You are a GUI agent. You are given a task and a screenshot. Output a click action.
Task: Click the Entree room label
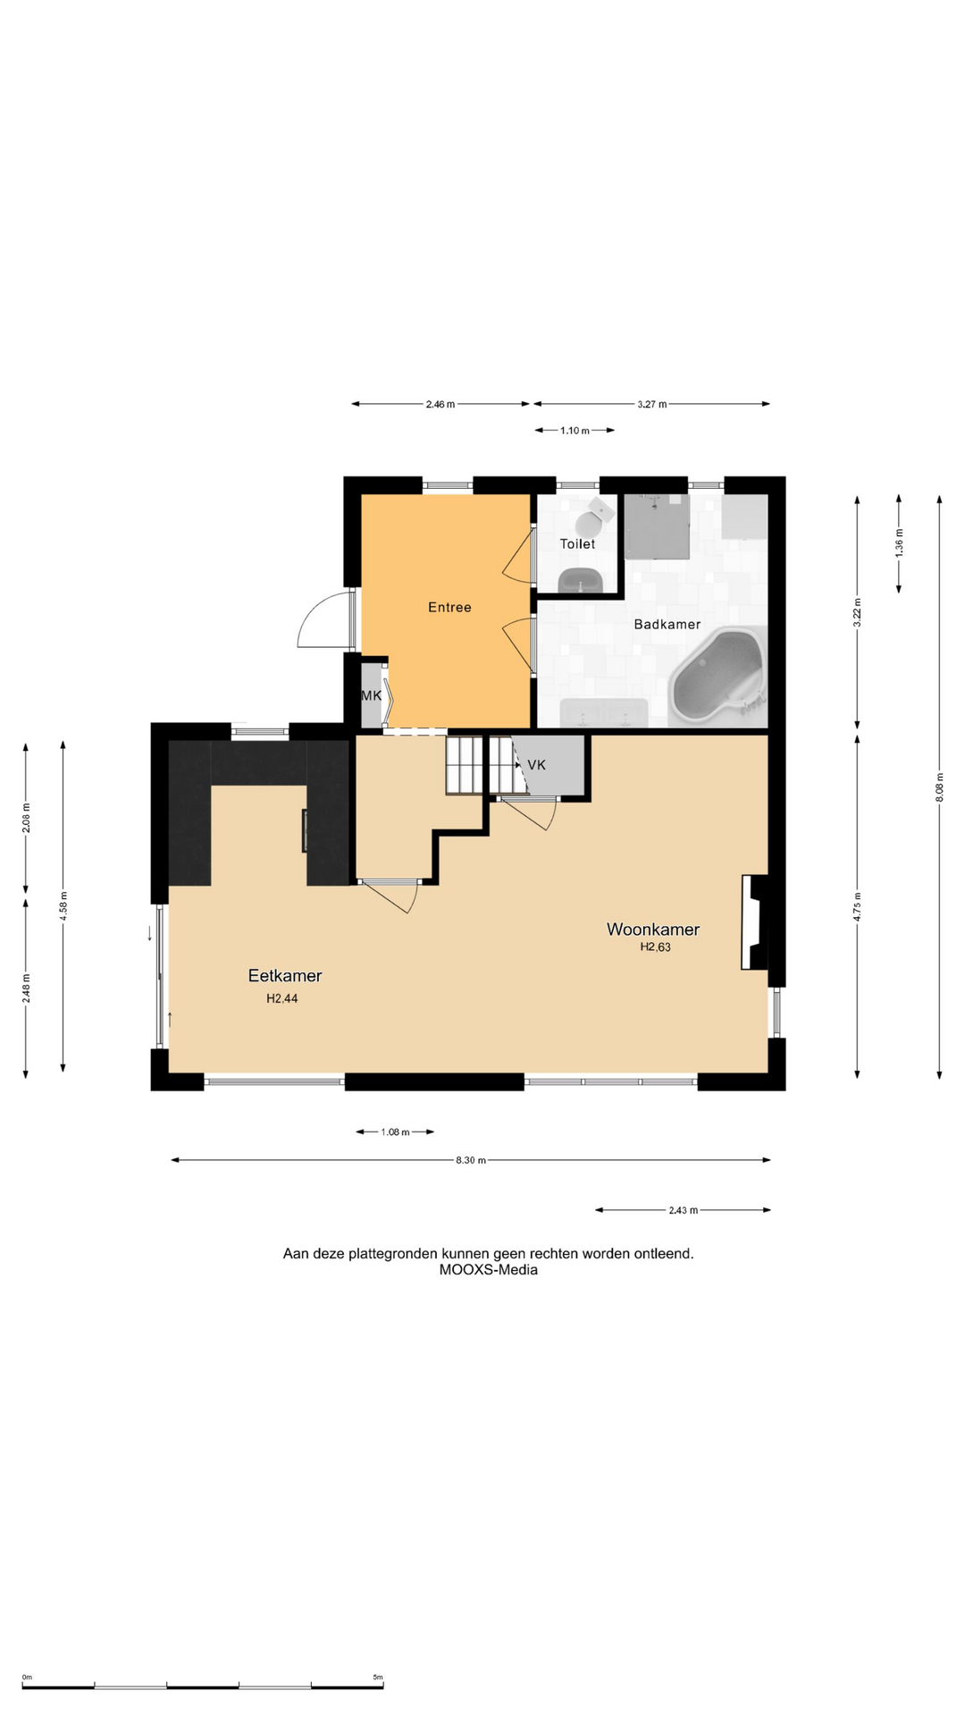pos(449,608)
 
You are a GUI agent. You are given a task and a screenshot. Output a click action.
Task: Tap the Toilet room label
pos(577,543)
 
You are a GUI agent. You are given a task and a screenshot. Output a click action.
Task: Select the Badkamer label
pos(667,625)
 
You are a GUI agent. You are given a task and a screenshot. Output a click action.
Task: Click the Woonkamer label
pos(653,929)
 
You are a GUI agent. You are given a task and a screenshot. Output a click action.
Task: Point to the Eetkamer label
pos(285,976)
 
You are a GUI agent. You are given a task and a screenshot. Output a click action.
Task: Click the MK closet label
pos(371,695)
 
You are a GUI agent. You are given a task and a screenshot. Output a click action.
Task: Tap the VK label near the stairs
pos(537,765)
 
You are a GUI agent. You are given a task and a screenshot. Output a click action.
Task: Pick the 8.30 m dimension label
pos(471,1160)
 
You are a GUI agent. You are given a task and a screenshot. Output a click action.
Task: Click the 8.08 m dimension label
pos(939,787)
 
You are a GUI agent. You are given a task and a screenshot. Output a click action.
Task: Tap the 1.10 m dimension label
pos(575,431)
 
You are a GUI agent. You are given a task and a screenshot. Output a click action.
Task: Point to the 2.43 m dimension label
pos(684,1210)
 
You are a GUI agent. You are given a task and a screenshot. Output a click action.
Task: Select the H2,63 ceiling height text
pos(655,947)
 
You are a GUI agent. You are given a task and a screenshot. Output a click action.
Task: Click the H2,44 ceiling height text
pos(282,999)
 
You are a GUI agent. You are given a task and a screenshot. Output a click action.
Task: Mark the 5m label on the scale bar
pos(378,1677)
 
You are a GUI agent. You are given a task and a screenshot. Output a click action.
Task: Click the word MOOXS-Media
pos(489,1270)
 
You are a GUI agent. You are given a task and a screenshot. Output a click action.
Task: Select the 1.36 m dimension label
pos(899,543)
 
